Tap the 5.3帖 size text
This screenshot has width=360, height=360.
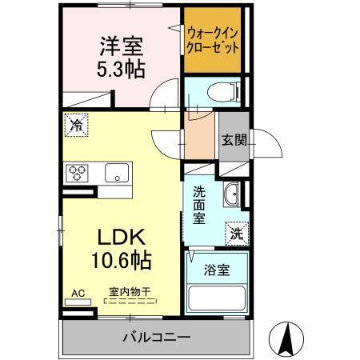pos(121,69)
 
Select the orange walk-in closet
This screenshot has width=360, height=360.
pos(212,40)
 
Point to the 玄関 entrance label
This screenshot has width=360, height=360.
pos(234,140)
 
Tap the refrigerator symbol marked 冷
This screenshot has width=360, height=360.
pos(77,125)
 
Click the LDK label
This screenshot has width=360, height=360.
pos(122,238)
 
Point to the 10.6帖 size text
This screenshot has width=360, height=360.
pos(122,260)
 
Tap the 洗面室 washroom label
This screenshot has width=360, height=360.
pos(199,205)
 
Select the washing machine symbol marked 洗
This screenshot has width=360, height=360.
pos(237,233)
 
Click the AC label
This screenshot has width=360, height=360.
pos(78,293)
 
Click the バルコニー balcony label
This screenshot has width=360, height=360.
pos(156,338)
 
